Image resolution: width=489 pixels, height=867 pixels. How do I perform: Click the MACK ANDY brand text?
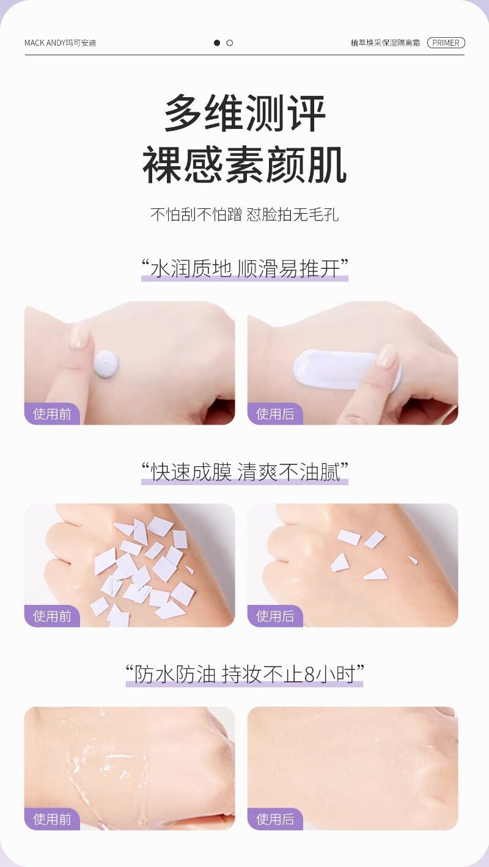pyautogui.click(x=60, y=43)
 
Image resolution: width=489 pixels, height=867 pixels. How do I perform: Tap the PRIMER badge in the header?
pyautogui.click(x=446, y=43)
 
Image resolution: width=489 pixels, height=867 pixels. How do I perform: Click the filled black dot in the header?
pyautogui.click(x=216, y=43)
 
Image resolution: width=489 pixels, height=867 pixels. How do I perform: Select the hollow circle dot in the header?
pyautogui.click(x=229, y=43)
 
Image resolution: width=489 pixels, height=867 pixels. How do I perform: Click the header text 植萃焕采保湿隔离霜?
pyautogui.click(x=385, y=43)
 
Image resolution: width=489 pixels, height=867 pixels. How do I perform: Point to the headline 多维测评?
pyautogui.click(x=244, y=114)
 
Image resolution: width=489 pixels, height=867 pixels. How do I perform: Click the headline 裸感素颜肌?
pyautogui.click(x=244, y=165)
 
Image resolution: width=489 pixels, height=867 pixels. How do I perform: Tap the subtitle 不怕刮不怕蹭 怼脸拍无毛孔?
pyautogui.click(x=244, y=214)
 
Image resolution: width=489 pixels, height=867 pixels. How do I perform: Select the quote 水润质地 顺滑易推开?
pyautogui.click(x=244, y=268)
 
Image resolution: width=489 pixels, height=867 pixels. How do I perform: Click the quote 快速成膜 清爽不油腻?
pyautogui.click(x=244, y=472)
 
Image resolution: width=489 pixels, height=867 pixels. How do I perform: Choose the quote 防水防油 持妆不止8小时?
pyautogui.click(x=244, y=675)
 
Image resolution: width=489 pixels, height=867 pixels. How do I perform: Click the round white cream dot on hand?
pyautogui.click(x=106, y=364)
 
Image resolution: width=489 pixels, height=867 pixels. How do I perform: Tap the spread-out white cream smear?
pyautogui.click(x=339, y=370)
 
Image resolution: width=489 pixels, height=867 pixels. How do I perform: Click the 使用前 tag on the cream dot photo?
pyautogui.click(x=52, y=414)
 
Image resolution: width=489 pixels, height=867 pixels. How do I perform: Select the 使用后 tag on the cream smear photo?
pyautogui.click(x=275, y=414)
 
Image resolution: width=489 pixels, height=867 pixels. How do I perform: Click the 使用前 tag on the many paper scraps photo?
pyautogui.click(x=52, y=616)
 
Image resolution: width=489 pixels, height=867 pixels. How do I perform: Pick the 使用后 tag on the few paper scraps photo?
pyautogui.click(x=275, y=616)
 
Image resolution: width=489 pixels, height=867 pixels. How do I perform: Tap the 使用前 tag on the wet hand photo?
pyautogui.click(x=52, y=819)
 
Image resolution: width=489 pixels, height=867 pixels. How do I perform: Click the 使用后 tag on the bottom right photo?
pyautogui.click(x=275, y=819)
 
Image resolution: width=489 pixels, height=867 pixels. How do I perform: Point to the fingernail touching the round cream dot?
pyautogui.click(x=79, y=337)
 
